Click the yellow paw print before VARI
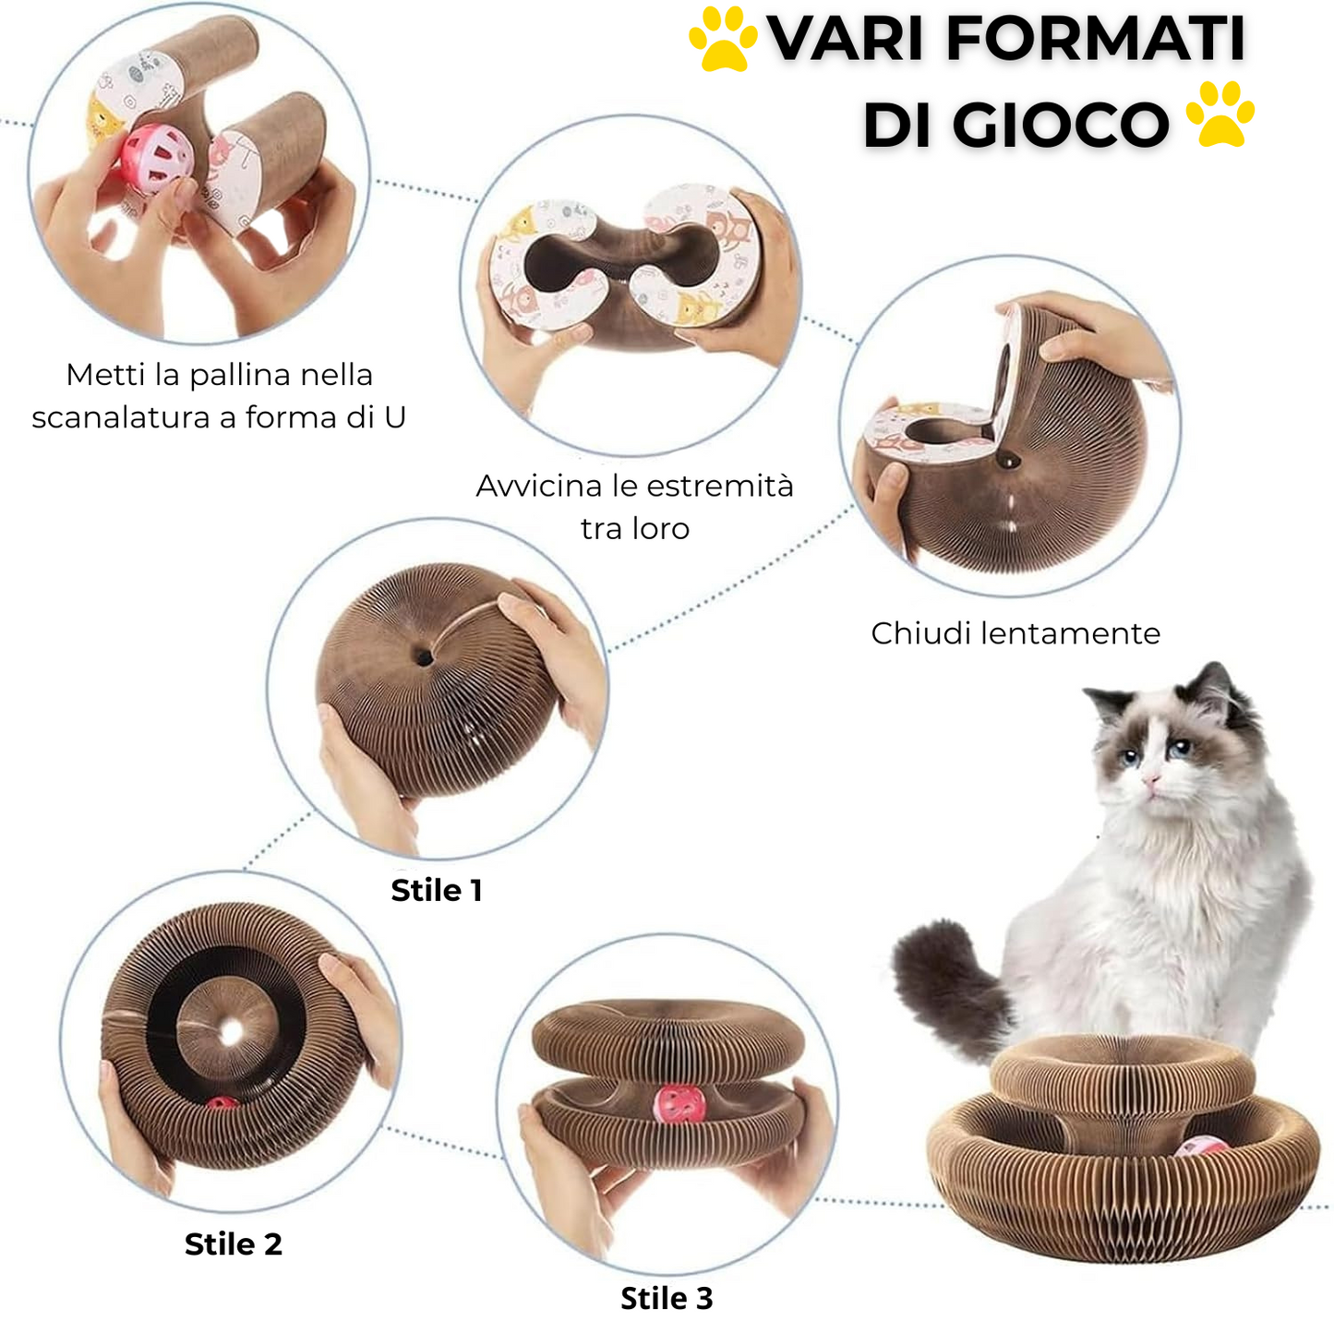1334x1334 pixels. [x=724, y=39]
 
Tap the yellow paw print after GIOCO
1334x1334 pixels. [x=1220, y=114]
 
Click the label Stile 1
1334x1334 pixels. [x=436, y=890]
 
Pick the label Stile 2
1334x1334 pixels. [x=234, y=1244]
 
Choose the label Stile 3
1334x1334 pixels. [x=666, y=1299]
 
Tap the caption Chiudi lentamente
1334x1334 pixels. [x=1015, y=633]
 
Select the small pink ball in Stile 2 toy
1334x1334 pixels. [x=222, y=1103]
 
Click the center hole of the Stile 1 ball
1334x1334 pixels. [x=424, y=657]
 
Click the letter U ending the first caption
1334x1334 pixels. [x=394, y=417]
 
